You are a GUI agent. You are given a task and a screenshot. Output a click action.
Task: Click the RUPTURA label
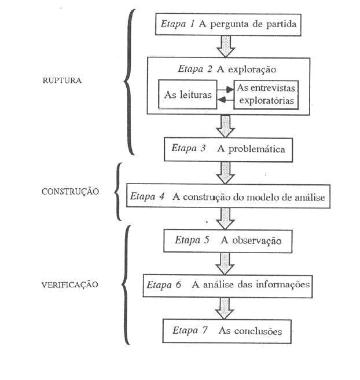(x=62, y=81)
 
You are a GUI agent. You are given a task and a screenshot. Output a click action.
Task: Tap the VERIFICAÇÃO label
(x=69, y=284)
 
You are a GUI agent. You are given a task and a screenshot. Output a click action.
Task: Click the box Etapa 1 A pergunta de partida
(x=229, y=25)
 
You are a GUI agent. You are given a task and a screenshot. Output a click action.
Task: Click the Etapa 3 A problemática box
(x=228, y=148)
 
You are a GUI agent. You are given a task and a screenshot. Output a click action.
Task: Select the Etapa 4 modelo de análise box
(x=229, y=196)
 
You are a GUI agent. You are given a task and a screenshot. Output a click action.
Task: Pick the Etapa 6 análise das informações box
(x=229, y=284)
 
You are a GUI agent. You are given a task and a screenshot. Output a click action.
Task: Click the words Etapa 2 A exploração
(x=227, y=68)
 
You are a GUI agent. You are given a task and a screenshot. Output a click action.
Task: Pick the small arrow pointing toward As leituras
(x=225, y=100)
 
